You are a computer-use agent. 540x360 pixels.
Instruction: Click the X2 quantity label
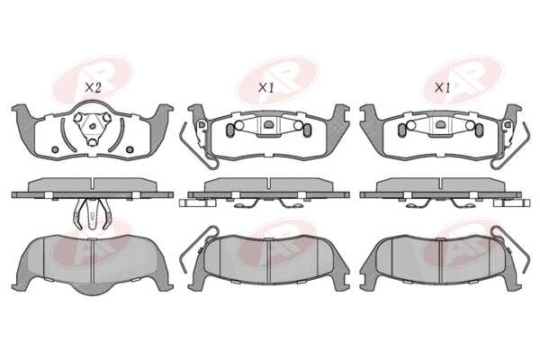(x=93, y=88)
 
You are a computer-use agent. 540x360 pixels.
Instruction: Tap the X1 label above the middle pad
(x=265, y=88)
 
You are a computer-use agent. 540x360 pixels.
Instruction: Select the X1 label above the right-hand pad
(x=443, y=88)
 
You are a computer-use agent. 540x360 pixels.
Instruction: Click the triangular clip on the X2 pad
(x=93, y=128)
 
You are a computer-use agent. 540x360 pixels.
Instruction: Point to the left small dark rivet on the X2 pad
(x=55, y=149)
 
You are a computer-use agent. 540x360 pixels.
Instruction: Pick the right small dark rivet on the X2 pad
(x=130, y=149)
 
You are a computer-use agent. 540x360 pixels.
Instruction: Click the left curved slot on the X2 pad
(x=67, y=135)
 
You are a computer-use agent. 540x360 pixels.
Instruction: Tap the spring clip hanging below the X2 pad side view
(x=93, y=214)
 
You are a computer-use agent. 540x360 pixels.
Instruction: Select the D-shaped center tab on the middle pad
(x=268, y=124)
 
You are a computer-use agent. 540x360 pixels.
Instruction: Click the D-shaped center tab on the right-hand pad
(x=440, y=124)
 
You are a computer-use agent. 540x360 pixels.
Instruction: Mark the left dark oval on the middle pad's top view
(x=229, y=130)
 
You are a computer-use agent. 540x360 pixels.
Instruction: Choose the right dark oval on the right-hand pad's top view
(x=479, y=130)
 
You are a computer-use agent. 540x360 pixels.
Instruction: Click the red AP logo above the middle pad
(x=277, y=80)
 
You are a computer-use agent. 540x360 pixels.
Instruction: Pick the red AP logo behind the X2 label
(x=93, y=80)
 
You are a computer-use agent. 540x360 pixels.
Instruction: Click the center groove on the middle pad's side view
(x=269, y=184)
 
